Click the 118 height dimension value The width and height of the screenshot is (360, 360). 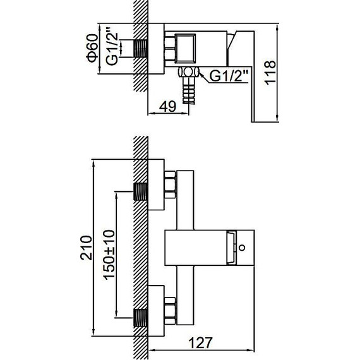coord(272,73)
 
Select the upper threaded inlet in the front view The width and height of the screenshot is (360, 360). coord(142,190)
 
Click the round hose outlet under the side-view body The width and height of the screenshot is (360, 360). coord(188,73)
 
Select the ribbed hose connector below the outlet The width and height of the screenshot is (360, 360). coord(188,93)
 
